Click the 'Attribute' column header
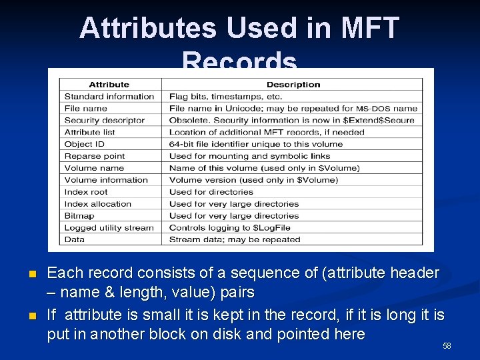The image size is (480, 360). point(109,85)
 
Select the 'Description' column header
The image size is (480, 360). point(293,85)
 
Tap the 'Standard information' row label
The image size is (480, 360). point(109,97)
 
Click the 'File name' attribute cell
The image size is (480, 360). point(86,109)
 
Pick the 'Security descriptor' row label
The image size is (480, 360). point(105,121)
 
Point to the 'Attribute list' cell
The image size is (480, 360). point(90,132)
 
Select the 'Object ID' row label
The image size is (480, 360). point(85,144)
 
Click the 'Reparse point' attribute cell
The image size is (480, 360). point(95,156)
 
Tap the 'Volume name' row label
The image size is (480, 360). point(94,168)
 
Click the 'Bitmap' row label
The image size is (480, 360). point(79,216)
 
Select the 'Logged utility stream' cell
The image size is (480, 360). point(109,228)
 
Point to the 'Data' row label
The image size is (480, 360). point(75,239)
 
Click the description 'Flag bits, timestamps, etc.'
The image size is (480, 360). point(221,97)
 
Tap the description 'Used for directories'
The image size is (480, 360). point(211,192)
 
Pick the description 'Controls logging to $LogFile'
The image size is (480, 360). point(225,228)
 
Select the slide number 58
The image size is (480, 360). point(447,346)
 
